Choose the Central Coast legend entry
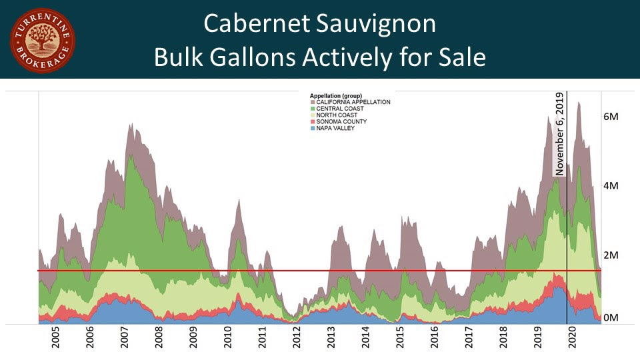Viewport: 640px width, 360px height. pyautogui.click(x=340, y=109)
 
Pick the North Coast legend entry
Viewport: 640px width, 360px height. pyautogui.click(x=338, y=115)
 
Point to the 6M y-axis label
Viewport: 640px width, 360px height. pyautogui.click(x=611, y=117)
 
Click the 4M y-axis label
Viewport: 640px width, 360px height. pyautogui.click(x=611, y=186)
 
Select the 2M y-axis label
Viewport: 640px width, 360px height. pyautogui.click(x=611, y=255)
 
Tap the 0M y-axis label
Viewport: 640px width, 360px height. pyautogui.click(x=611, y=318)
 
